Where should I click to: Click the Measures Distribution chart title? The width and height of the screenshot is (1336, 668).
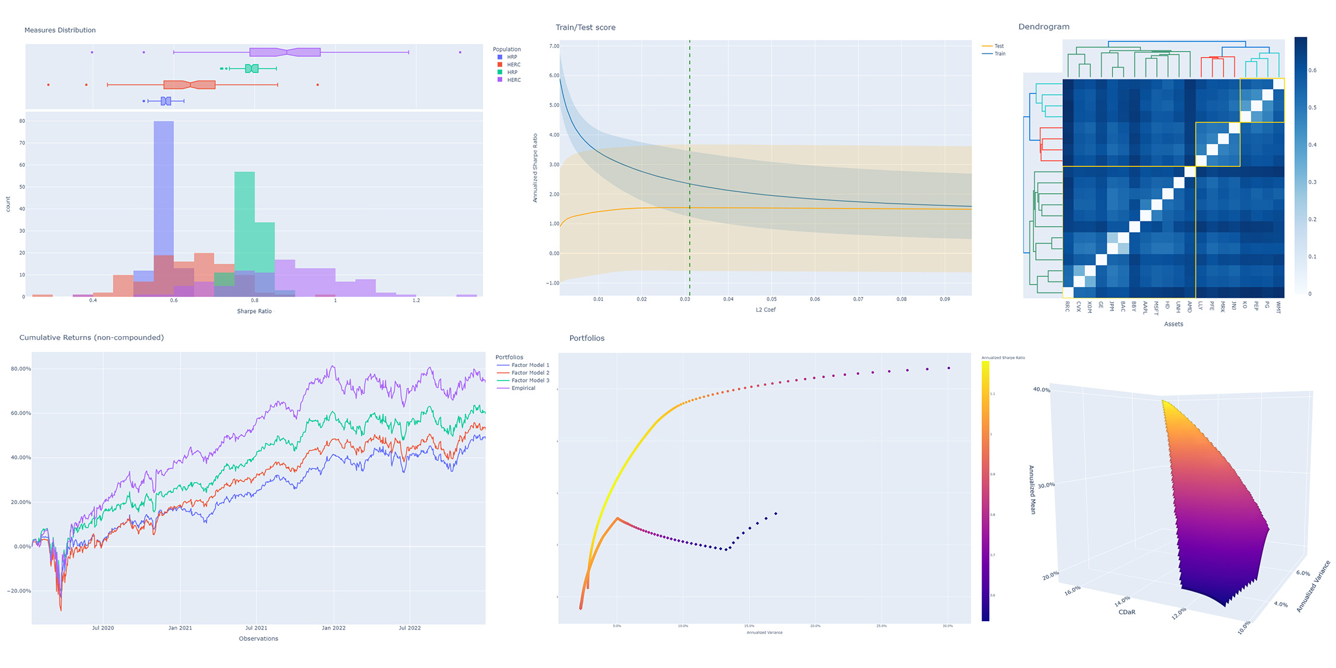60,30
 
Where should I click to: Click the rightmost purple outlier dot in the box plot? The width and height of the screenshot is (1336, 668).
460,52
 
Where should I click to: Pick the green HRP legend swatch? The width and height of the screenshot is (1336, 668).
500,72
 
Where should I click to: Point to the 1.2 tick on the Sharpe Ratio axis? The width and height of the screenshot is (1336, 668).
416,300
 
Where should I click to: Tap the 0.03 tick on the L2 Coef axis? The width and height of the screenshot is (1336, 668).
685,299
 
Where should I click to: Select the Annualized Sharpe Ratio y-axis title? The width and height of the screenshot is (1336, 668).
535,168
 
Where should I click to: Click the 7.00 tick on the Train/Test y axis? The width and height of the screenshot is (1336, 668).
553,46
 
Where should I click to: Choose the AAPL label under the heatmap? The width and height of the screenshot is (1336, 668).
1145,308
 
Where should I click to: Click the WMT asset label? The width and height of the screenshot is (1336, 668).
1278,307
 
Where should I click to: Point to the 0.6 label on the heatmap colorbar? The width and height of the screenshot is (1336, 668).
1312,71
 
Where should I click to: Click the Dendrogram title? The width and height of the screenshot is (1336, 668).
1043,27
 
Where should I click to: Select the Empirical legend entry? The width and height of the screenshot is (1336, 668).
523,388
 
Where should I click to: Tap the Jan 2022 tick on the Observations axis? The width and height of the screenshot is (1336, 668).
334,628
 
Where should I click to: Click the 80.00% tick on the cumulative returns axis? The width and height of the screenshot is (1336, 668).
21,369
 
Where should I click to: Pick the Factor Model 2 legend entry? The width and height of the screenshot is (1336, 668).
530,373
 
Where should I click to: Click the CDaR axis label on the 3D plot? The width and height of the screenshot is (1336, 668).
1126,612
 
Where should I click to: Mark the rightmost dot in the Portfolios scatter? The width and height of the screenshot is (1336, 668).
949,368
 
